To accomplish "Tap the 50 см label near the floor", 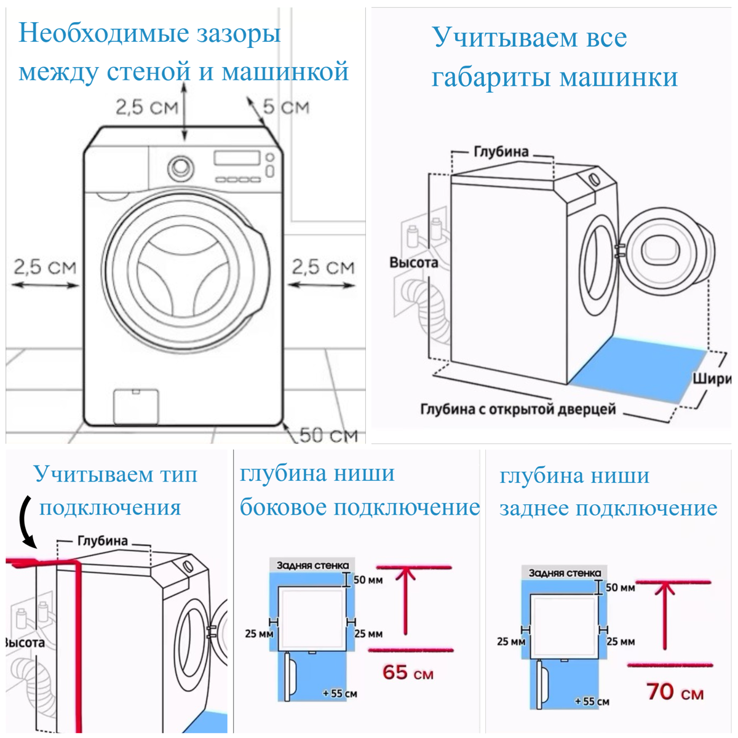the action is [328, 435].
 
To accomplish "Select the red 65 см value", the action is [408, 673].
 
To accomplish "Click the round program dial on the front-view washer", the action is [180, 168].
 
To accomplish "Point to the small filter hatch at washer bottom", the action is [137, 407].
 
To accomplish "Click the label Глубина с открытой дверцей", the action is [518, 409].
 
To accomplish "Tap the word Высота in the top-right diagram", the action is [414, 263].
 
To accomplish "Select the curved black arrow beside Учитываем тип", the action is [28, 522].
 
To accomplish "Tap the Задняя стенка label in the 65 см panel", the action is [313, 565].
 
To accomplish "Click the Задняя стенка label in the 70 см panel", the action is [565, 573].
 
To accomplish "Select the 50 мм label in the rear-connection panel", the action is [620, 587].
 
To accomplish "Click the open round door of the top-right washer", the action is [667, 250].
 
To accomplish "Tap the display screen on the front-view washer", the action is [237, 158].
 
